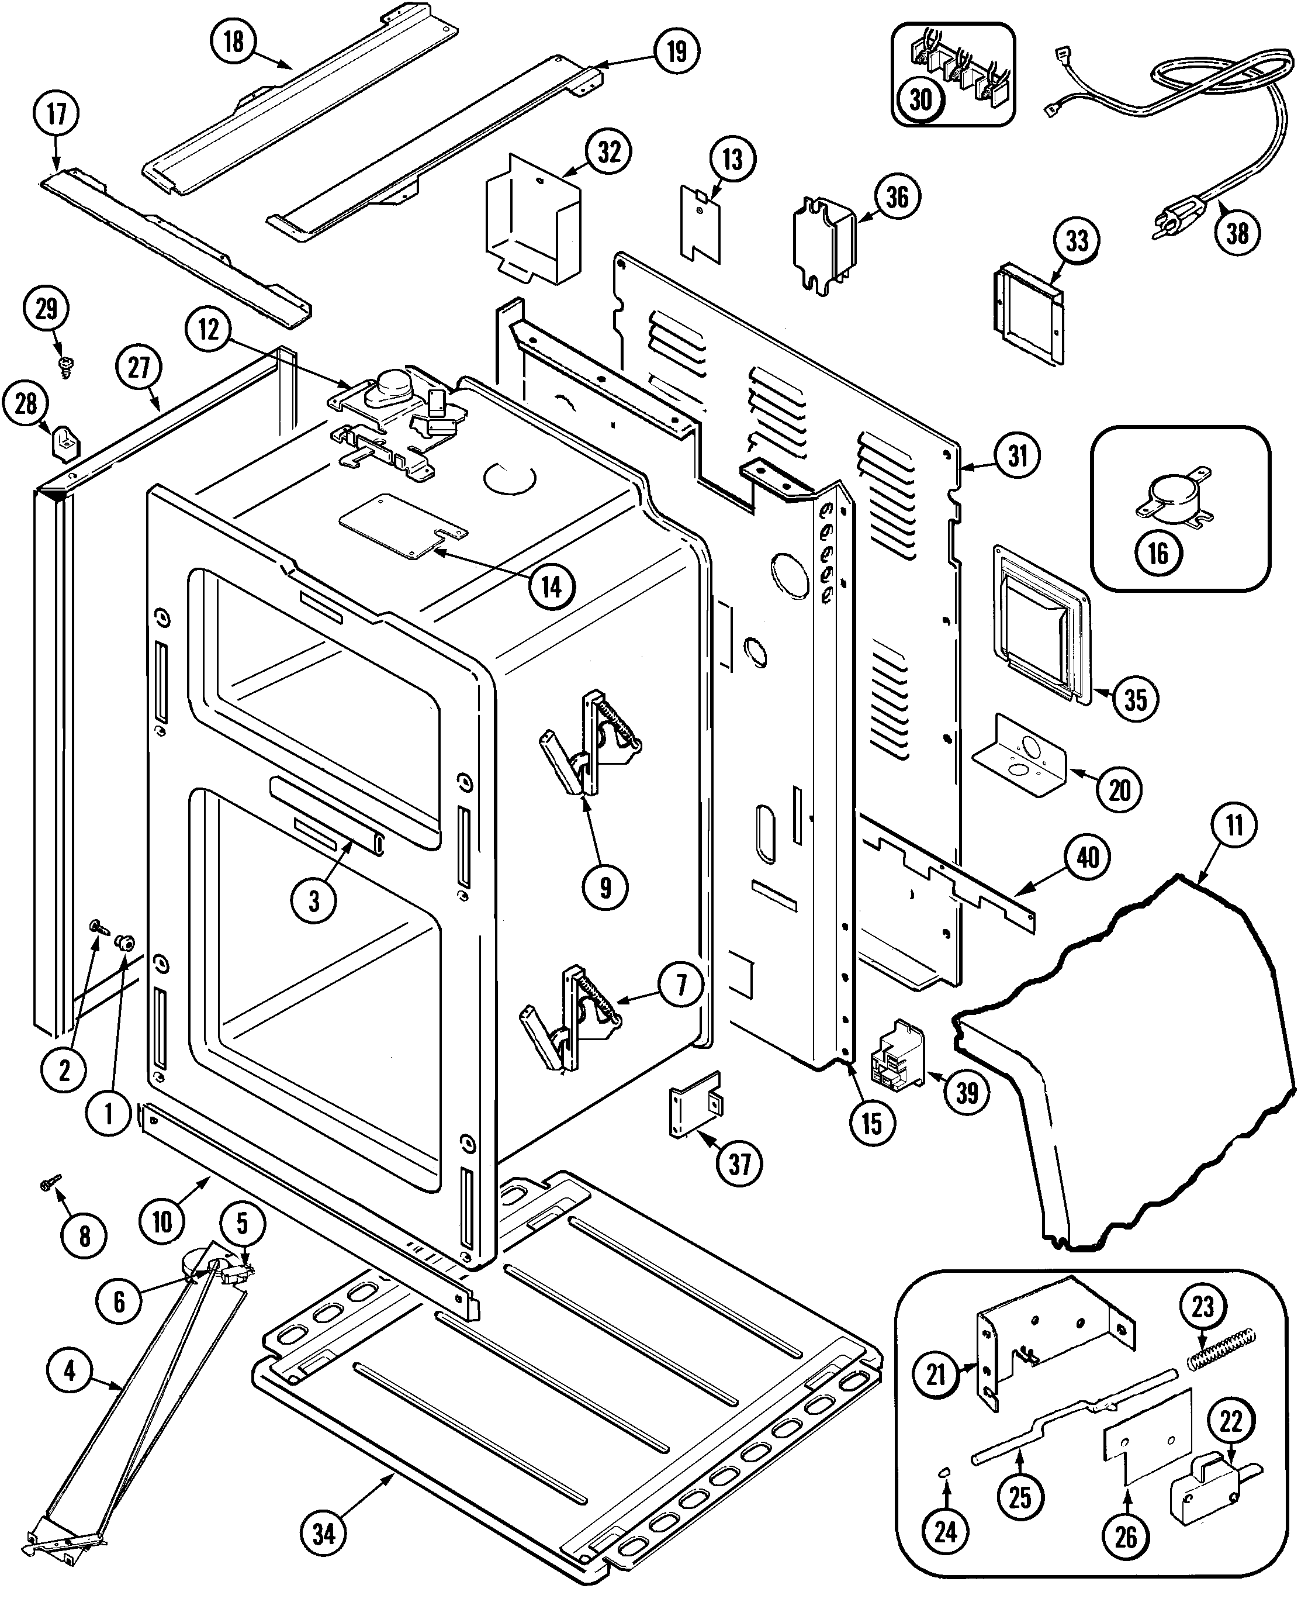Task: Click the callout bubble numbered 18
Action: coord(233,41)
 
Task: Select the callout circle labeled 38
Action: coord(1237,232)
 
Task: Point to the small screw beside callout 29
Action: coord(65,367)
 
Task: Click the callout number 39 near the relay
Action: coord(967,1093)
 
